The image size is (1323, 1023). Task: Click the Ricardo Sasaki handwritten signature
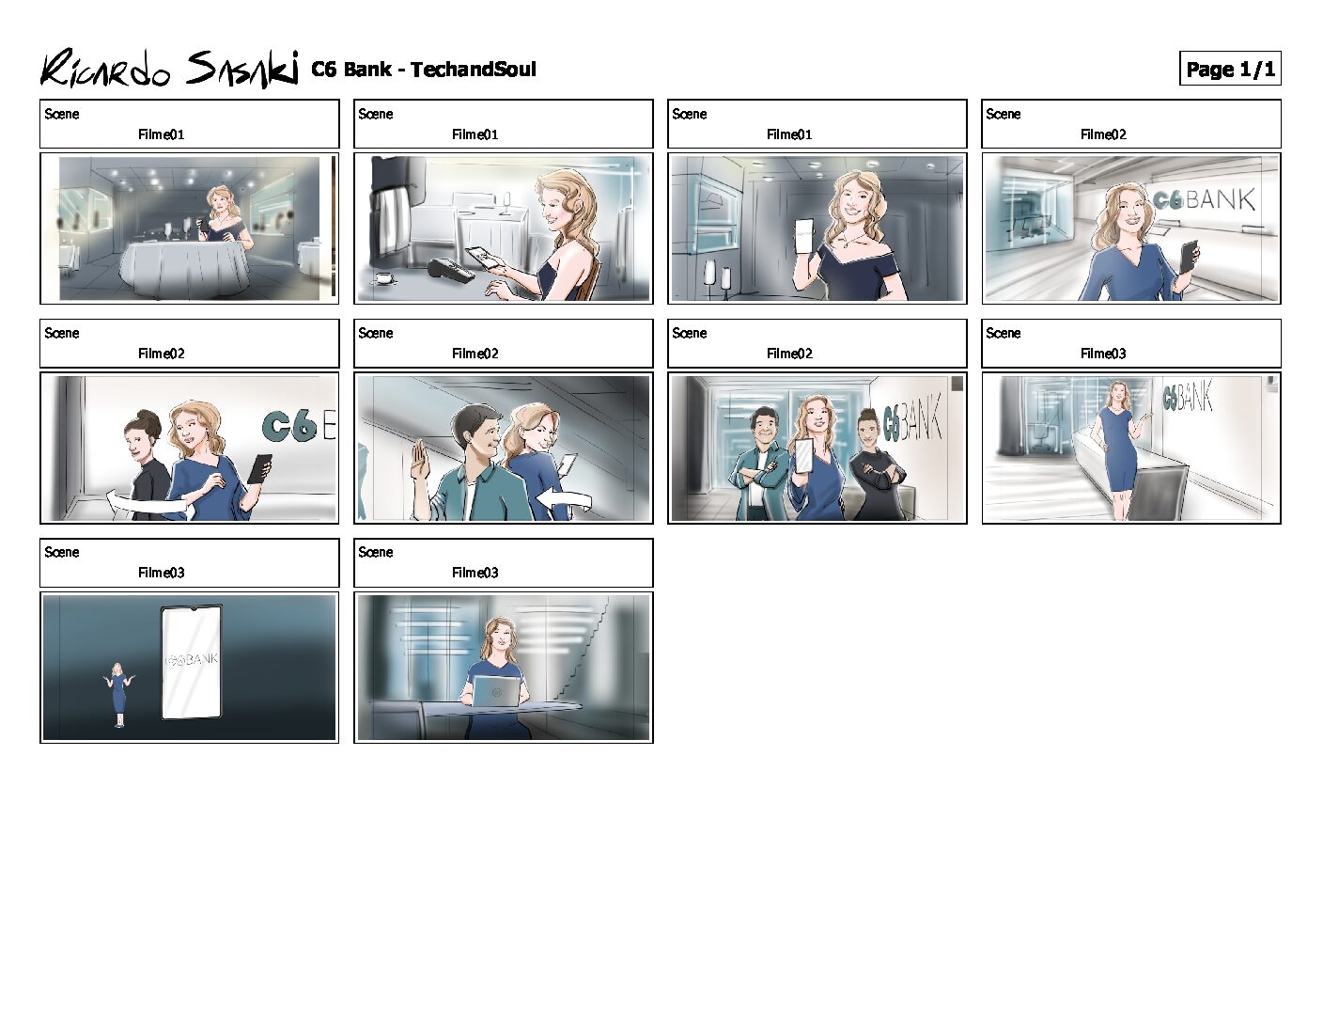pos(169,69)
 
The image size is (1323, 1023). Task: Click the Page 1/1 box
pos(1230,69)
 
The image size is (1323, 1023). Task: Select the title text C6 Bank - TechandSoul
pos(423,69)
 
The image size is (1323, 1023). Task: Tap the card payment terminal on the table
pos(451,270)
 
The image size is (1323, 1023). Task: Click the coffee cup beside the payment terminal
pos(383,277)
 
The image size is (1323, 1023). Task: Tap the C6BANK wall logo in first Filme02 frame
pos(1204,200)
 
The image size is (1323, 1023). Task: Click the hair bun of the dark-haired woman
pos(148,419)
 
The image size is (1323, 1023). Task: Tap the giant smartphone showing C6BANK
pos(191,662)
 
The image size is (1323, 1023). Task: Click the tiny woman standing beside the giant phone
pos(119,695)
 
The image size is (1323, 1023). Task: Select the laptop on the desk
pos(495,691)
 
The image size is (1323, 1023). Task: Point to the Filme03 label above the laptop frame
pos(475,573)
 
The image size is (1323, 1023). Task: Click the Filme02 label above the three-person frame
pos(789,354)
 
